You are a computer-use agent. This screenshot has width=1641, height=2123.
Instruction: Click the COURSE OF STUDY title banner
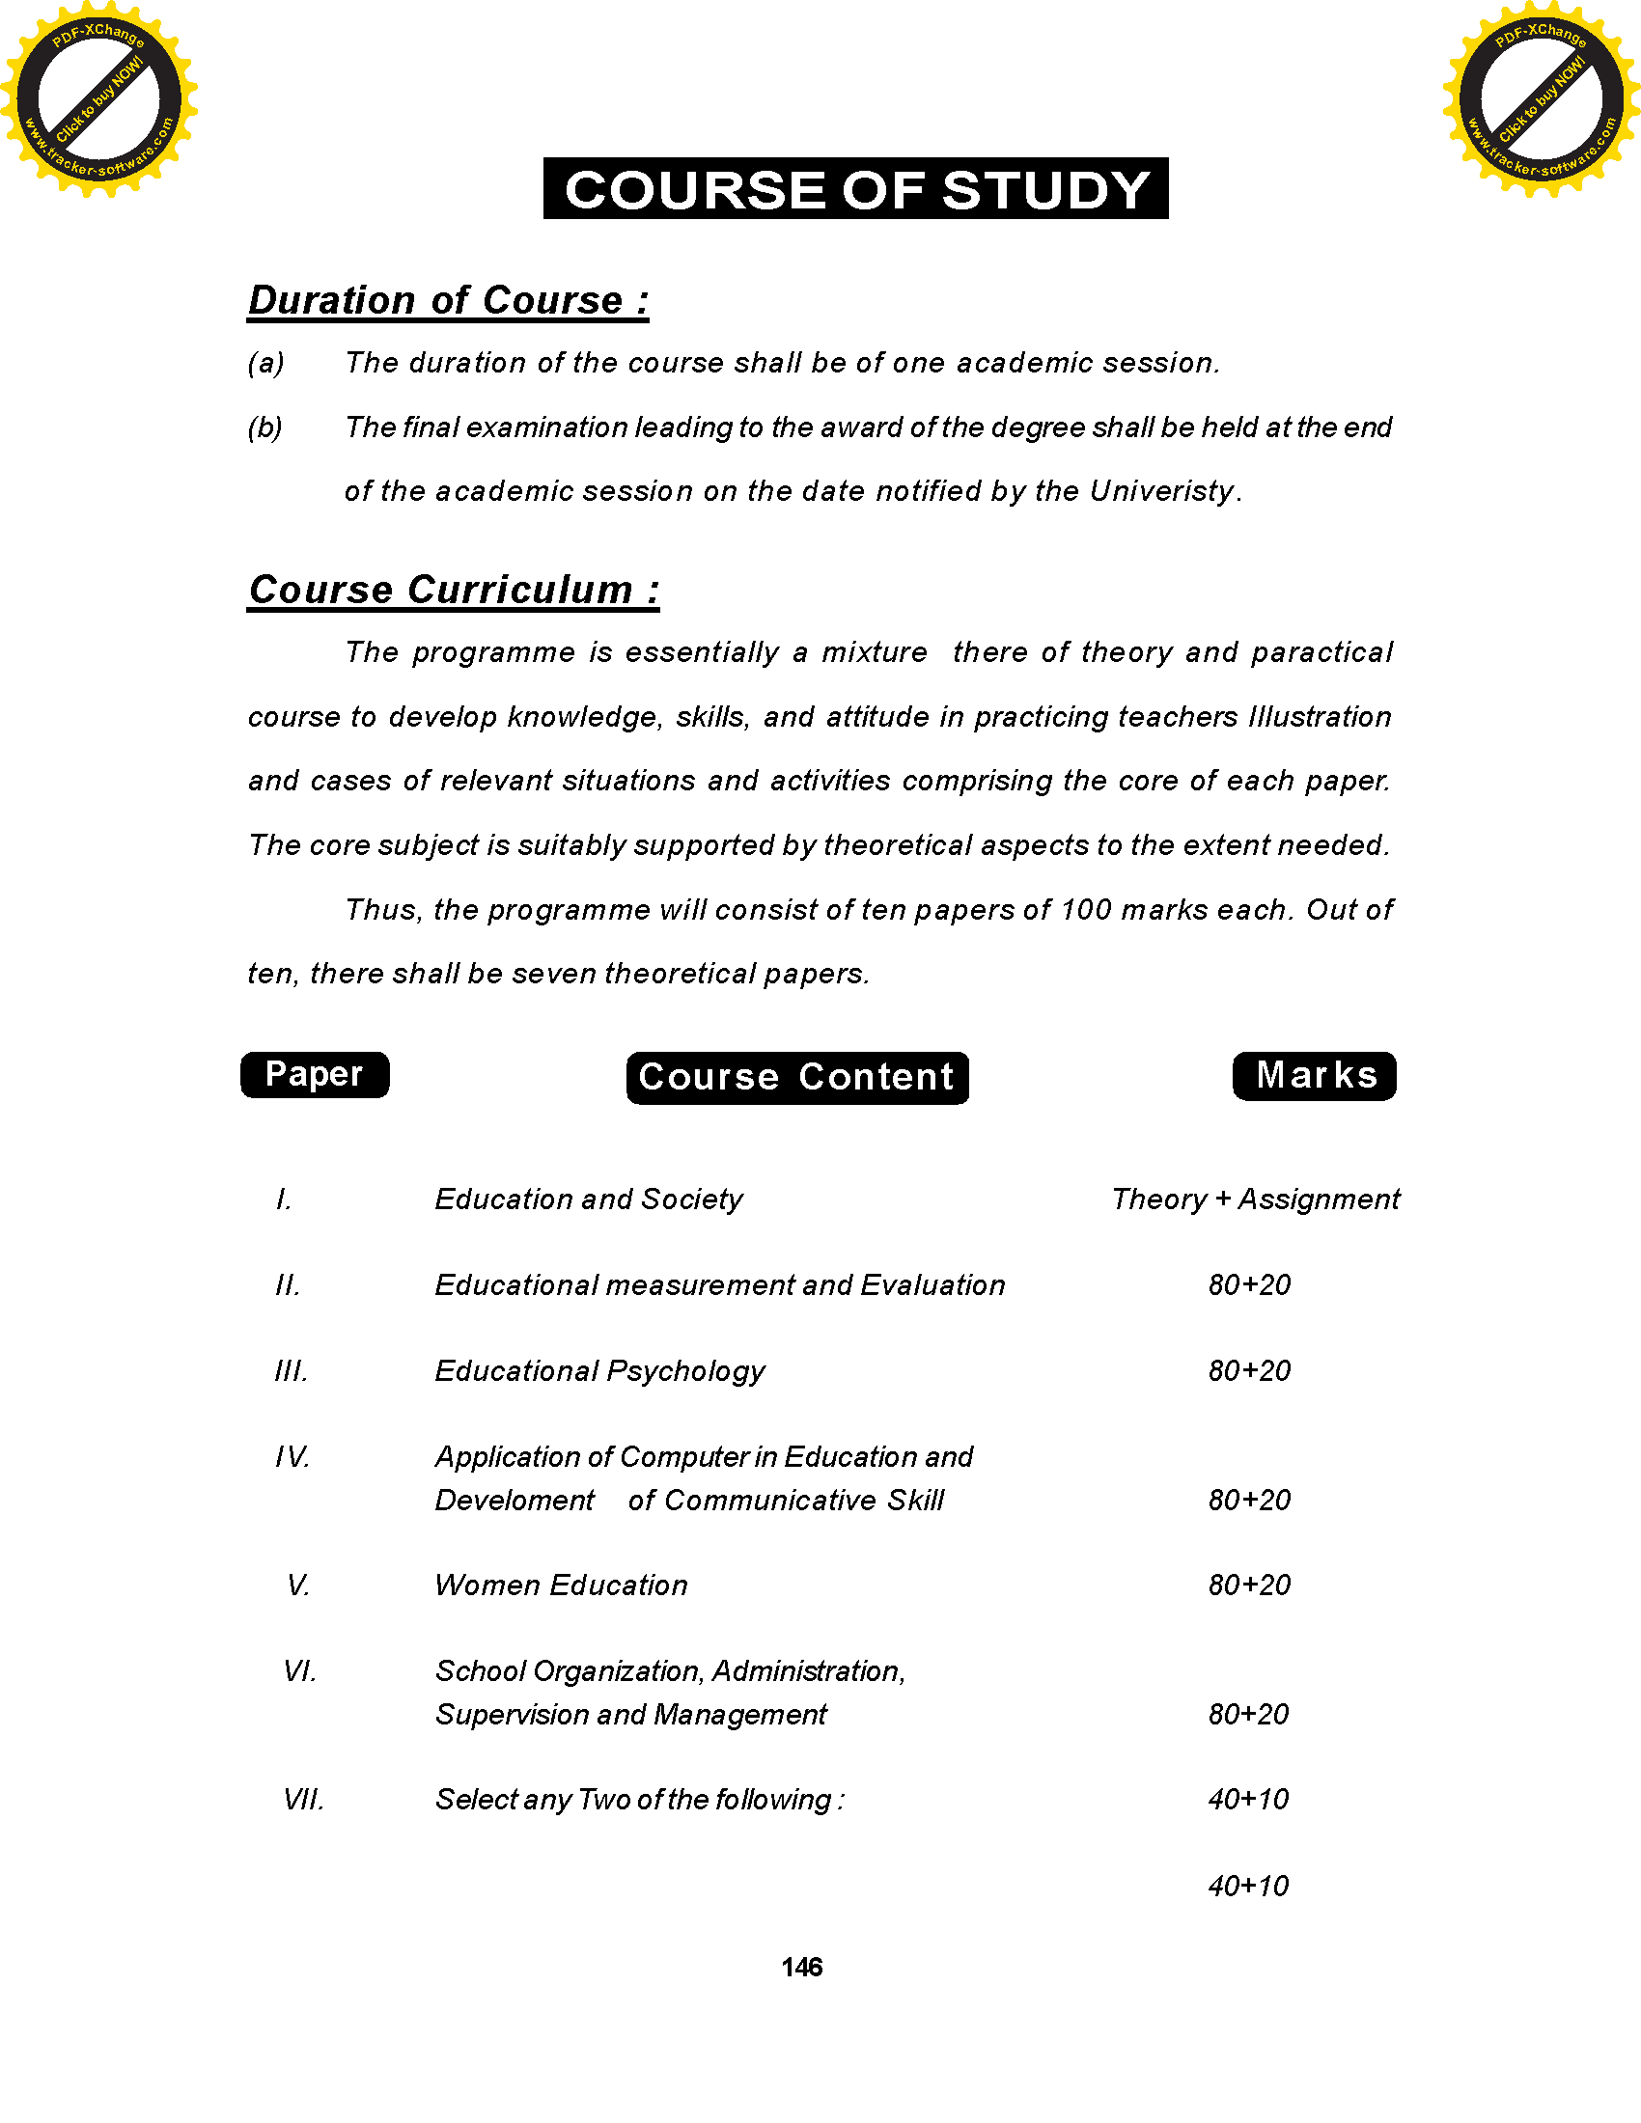855,188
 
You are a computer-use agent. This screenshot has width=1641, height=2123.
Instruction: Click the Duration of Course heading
448,300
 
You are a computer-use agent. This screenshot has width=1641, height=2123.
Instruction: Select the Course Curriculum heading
453,590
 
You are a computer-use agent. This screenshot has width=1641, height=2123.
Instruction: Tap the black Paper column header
314,1074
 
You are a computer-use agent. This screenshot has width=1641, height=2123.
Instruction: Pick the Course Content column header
797,1077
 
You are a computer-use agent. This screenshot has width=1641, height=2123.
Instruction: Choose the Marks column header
1315,1075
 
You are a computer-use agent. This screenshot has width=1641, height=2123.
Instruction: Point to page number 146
801,1968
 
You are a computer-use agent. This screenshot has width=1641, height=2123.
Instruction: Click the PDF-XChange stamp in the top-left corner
98,98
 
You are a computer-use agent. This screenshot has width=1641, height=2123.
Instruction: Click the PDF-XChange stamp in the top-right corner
1542,98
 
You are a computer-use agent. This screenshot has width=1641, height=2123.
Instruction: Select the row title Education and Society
588,1199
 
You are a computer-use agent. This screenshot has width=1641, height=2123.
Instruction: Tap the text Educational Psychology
599,1370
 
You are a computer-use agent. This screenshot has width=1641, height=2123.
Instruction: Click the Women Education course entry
561,1585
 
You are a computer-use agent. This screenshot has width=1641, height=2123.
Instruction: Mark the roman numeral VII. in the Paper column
302,1800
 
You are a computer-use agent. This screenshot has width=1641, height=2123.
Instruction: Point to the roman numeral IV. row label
292,1457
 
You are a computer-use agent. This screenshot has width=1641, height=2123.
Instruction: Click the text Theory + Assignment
1255,1199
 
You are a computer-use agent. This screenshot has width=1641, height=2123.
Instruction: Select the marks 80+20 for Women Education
1249,1585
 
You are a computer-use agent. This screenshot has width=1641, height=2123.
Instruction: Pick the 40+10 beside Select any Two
1248,1800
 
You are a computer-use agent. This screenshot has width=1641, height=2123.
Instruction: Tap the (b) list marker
265,427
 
